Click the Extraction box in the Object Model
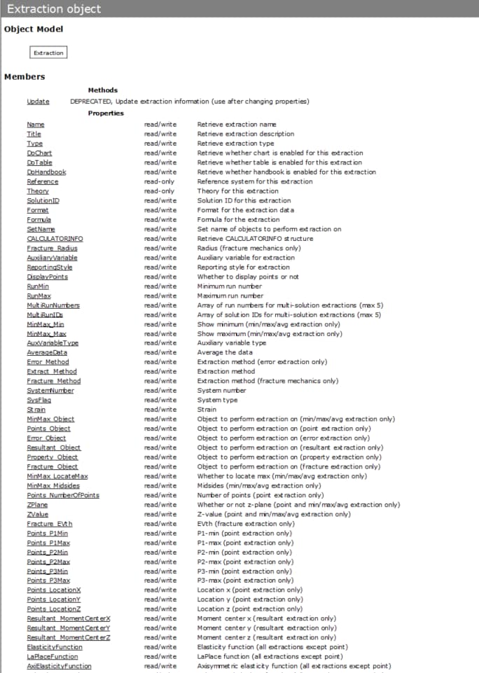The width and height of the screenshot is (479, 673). [48, 53]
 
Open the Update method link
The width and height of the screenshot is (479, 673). [38, 102]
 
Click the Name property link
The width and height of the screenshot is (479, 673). [35, 125]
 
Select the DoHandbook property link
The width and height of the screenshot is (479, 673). [46, 172]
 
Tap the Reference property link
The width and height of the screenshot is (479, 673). [42, 181]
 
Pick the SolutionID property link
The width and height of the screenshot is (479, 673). [43, 201]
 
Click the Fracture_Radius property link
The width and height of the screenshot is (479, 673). [52, 248]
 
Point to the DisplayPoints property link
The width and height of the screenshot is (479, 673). [47, 277]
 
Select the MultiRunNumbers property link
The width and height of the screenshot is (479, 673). [53, 305]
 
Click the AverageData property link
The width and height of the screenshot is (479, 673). [46, 353]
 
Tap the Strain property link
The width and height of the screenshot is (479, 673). [36, 410]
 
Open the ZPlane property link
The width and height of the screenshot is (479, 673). [37, 505]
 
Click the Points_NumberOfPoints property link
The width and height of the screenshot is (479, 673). [63, 495]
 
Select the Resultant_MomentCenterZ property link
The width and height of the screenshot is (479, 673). [69, 638]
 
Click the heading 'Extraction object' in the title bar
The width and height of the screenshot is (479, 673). [54, 9]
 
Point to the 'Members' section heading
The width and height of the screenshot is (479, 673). [25, 77]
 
